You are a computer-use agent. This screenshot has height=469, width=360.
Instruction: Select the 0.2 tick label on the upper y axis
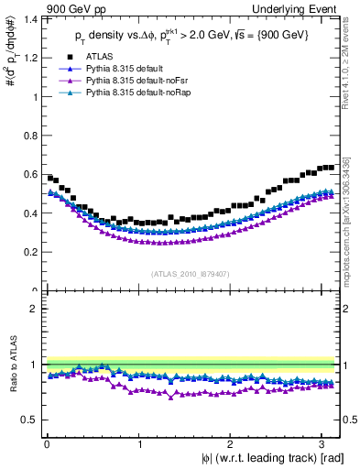(30, 252)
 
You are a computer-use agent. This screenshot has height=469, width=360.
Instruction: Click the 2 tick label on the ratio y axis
(35, 309)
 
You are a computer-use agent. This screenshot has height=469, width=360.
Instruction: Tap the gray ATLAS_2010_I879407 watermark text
(191, 272)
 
